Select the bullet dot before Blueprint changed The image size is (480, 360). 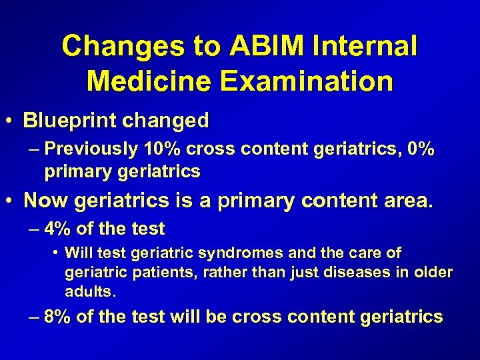(11, 122)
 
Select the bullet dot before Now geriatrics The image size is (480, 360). (11, 201)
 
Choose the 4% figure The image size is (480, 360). (58, 229)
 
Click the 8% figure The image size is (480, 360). (58, 317)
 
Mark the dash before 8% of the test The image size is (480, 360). (34, 317)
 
